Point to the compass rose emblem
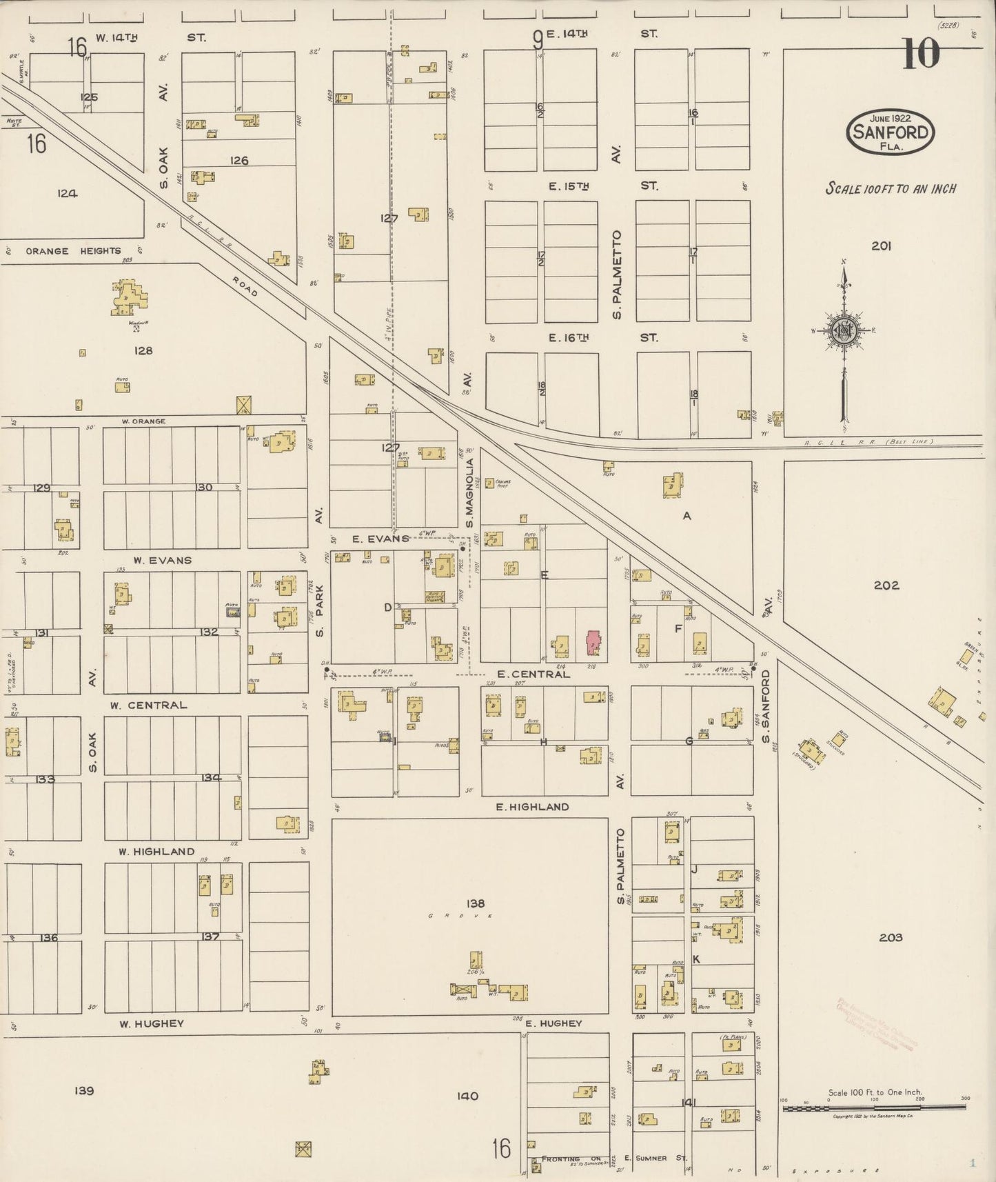844,330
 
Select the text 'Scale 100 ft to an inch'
891,188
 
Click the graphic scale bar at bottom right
873,1108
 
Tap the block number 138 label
475,903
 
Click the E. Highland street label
533,806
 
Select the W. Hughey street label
152,1023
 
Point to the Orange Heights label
73,251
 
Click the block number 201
881,246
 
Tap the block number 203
891,937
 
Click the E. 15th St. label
569,186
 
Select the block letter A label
687,516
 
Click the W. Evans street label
162,560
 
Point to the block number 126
239,161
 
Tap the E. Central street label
533,674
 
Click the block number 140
467,1096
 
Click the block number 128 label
143,350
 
